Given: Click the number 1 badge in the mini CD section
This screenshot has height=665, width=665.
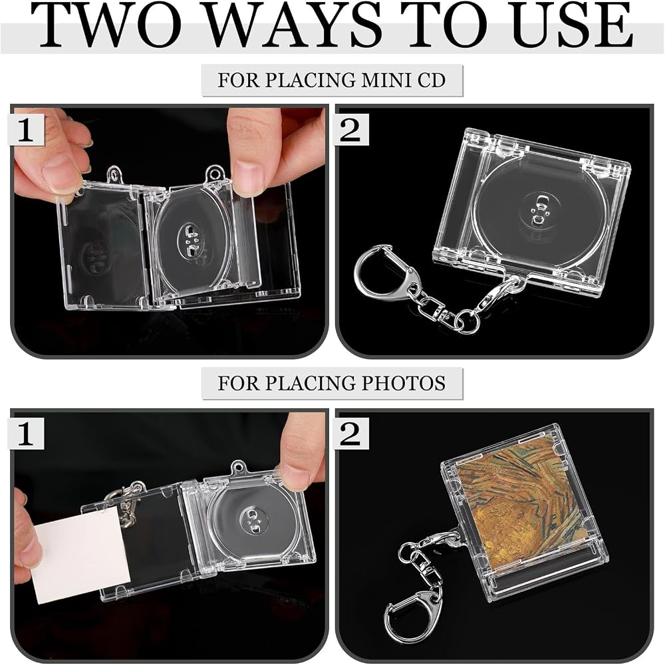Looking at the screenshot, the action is pyautogui.click(x=27, y=130).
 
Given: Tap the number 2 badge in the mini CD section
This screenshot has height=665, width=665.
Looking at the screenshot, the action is pyautogui.click(x=351, y=130).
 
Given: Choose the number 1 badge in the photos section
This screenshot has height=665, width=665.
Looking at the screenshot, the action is pyautogui.click(x=27, y=433).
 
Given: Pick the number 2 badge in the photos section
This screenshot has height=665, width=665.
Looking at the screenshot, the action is pyautogui.click(x=351, y=433).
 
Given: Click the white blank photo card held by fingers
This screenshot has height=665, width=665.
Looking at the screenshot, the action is pyautogui.click(x=80, y=553).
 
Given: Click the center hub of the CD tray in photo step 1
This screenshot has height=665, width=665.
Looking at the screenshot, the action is pyautogui.click(x=253, y=521).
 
